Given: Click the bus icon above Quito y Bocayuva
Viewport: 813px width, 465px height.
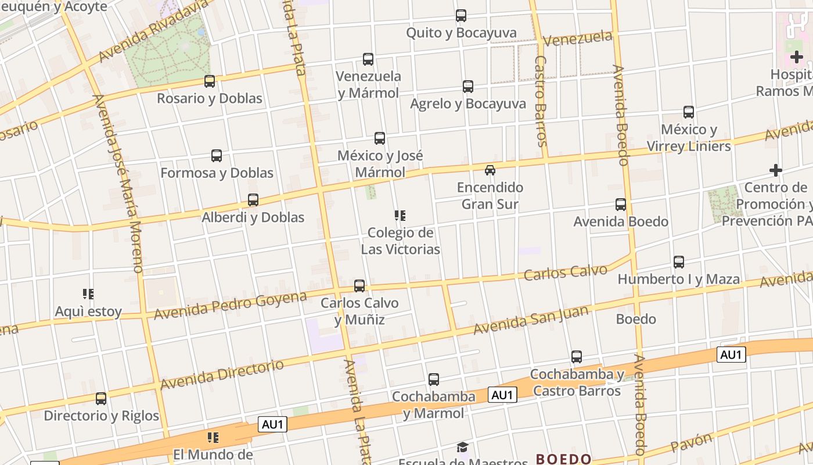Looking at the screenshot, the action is pos(461,16).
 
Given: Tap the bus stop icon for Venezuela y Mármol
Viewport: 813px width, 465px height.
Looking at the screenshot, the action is pos(368,59).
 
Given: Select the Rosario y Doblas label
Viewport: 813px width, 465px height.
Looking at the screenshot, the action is pos(210,98).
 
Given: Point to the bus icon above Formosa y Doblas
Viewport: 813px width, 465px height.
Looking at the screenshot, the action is pos(217,155).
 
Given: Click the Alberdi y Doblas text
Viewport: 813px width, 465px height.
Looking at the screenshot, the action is pos(253,217).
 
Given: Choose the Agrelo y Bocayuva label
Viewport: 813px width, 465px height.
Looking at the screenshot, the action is pos(468,104).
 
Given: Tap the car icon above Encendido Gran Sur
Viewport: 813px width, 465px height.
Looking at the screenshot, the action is pos(490,170).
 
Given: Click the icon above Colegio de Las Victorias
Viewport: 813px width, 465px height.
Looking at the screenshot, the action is pos(400,216).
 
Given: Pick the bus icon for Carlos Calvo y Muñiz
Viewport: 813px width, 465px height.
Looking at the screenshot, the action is pos(359,285).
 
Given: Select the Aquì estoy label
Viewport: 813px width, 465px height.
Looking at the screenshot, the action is pos(88,312).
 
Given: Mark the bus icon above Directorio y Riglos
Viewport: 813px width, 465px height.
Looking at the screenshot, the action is pos(101,398).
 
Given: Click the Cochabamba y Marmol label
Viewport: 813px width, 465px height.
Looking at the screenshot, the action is pos(434,405).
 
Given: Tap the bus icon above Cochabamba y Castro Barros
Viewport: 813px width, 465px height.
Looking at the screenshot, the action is pos(577,356).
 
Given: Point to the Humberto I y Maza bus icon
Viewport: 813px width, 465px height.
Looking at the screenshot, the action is pos(679,262).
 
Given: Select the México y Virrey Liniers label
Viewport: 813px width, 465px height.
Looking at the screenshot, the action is pos(689,138).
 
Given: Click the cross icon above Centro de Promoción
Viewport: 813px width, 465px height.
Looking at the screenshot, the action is pos(775,170).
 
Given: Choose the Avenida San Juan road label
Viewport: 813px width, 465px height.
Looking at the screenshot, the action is pos(531,320).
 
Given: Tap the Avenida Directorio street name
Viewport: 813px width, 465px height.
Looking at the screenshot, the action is pos(222,375).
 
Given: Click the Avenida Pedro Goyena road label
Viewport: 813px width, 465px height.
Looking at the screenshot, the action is pos(230,305).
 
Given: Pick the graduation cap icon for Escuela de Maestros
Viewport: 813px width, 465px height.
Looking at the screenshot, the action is pos(462,447).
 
